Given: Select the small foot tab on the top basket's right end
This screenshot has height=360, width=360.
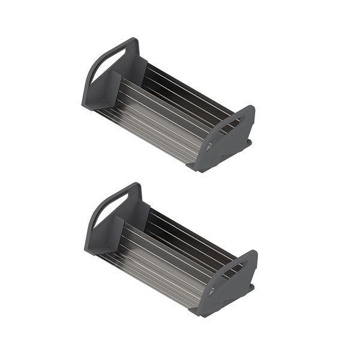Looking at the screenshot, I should click(x=248, y=143).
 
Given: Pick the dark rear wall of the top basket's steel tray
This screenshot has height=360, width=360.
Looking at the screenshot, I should click(x=180, y=84).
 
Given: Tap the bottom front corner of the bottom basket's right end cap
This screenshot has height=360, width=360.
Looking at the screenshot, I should click(x=200, y=311).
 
